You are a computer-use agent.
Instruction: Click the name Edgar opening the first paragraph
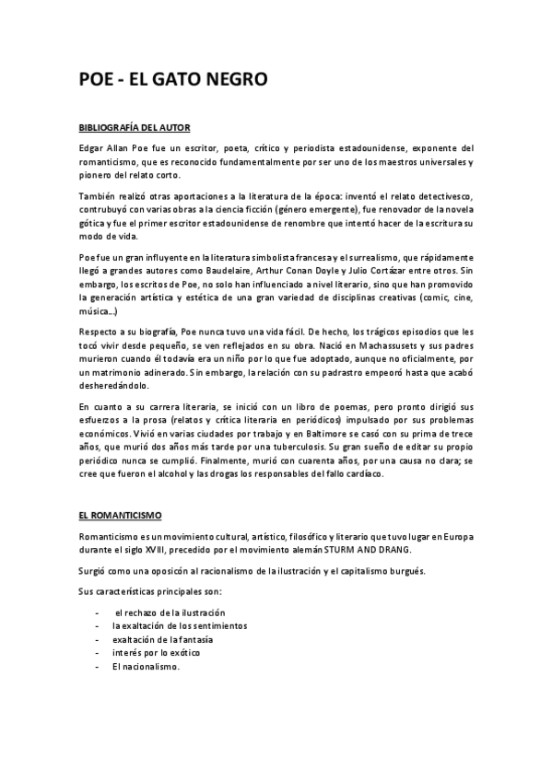click(x=92, y=148)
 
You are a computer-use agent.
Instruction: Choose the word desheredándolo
click(x=120, y=390)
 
